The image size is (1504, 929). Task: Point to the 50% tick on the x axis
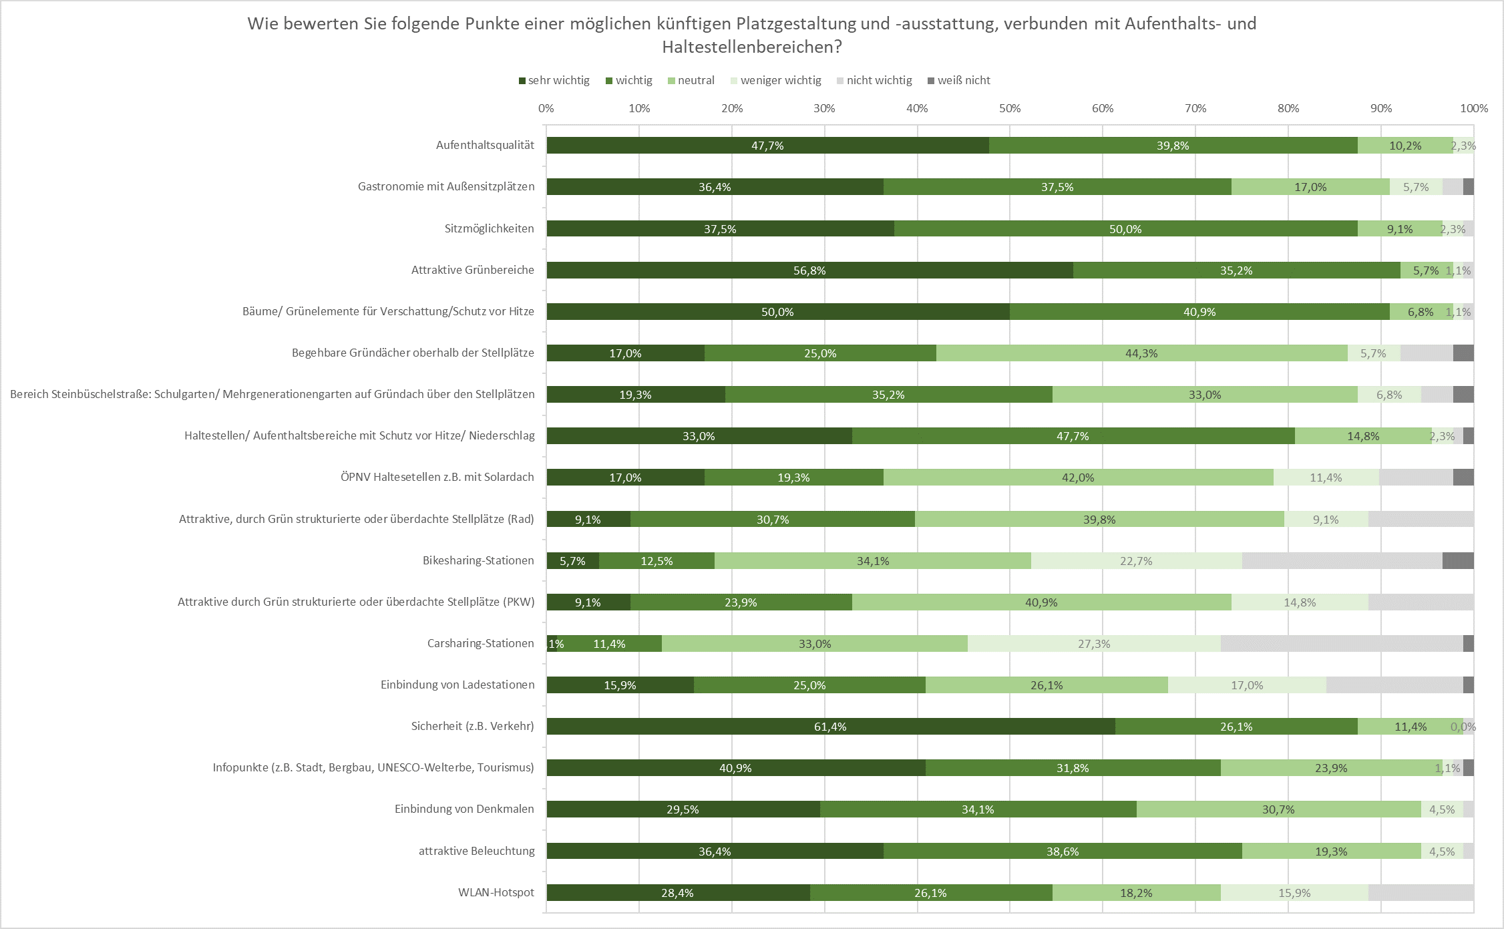pos(1010,108)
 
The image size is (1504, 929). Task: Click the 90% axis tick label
pos(1381,108)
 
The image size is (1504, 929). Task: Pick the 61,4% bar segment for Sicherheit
pos(830,727)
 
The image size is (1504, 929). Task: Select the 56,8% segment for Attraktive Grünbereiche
pos(809,270)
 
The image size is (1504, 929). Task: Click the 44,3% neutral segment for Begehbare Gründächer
pos(1141,353)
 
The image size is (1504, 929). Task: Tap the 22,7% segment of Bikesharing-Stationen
pos(1136,561)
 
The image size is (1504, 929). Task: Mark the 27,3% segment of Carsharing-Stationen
pos(1094,644)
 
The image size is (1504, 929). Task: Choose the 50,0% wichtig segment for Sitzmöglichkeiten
pos(1125,229)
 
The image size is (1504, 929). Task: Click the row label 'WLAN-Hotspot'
pos(496,892)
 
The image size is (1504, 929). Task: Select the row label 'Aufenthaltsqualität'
pos(485,145)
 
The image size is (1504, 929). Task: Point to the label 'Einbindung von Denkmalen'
pos(464,809)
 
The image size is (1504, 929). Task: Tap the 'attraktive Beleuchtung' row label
pos(477,851)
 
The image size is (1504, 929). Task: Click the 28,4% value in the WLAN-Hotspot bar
pos(677,893)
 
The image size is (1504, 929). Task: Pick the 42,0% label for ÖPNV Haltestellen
pos(1078,478)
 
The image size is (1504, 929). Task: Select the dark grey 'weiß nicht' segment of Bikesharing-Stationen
pos(1458,561)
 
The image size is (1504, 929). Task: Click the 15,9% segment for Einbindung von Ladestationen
pos(620,685)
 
